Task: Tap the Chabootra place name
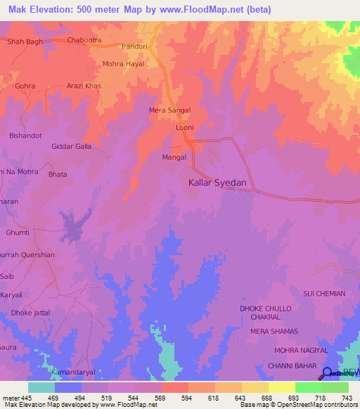coord(85,40)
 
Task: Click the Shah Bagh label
coord(25,41)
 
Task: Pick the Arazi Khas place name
coord(84,86)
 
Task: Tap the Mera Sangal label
coord(170,110)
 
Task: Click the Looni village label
coord(184,128)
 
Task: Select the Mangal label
coord(174,157)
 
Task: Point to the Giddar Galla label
coord(72,146)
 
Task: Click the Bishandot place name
coord(26,135)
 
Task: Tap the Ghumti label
coord(18,232)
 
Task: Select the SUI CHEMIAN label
coord(324,293)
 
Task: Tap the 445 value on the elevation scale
coord(26,398)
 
